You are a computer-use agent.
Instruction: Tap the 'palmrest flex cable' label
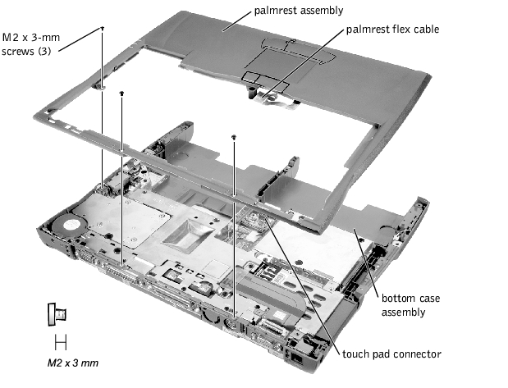pos(391,30)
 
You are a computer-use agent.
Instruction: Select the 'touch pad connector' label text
pos(392,354)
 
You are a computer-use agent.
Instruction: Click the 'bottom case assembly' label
pos(402,304)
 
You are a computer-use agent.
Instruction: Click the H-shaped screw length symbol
pos(60,340)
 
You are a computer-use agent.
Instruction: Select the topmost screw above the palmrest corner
pos(102,28)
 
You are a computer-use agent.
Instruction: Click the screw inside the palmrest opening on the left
pos(121,94)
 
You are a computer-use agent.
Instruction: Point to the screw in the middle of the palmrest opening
pos(234,137)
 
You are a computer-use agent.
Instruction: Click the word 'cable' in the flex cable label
pos(423,30)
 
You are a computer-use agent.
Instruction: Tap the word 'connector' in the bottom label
pos(417,354)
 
